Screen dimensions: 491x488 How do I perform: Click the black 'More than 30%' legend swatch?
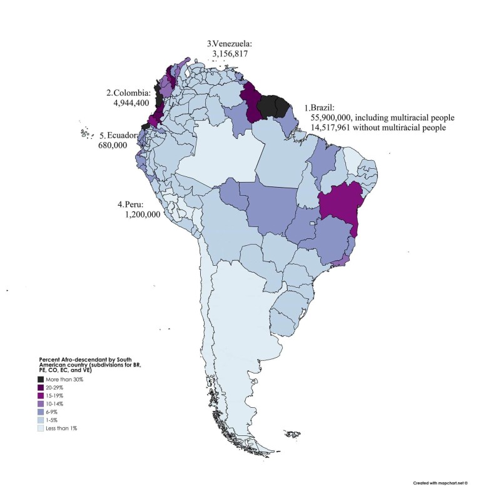pyautogui.click(x=41, y=380)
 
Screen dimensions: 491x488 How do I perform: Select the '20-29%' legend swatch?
pyautogui.click(x=41, y=388)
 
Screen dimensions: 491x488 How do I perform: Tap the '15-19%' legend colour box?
pyautogui.click(x=41, y=396)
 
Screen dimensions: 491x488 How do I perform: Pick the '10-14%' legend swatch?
pyautogui.click(x=41, y=404)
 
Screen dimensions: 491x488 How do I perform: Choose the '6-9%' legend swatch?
pyautogui.click(x=41, y=412)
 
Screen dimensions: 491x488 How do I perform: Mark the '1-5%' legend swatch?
pyautogui.click(x=41, y=420)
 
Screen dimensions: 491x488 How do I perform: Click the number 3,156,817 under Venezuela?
pyautogui.click(x=231, y=54)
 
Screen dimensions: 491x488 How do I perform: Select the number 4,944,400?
pyautogui.click(x=129, y=104)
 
